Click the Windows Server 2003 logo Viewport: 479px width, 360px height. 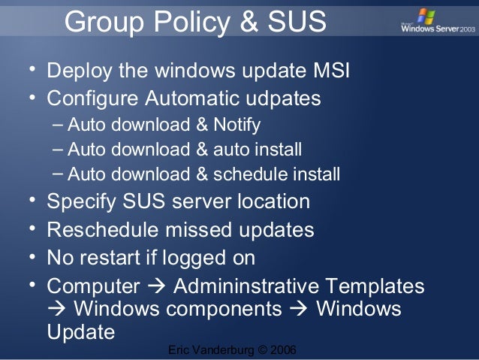tap(433, 24)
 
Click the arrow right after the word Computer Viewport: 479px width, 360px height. tap(155, 286)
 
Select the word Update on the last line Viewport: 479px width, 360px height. tap(80, 331)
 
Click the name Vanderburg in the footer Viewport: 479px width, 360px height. tap(223, 351)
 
